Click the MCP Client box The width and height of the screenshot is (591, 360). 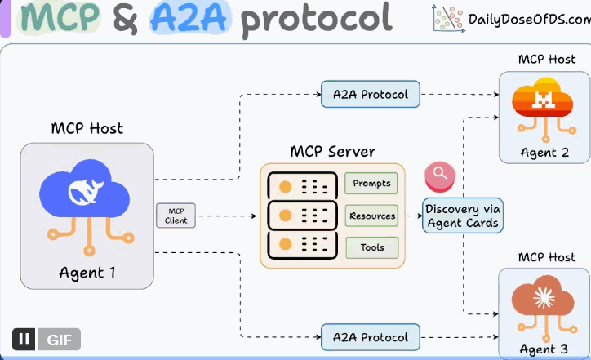tap(176, 216)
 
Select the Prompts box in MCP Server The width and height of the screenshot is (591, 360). tap(371, 184)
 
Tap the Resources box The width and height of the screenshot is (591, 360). tap(371, 216)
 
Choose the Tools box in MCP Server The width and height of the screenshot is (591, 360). tap(371, 247)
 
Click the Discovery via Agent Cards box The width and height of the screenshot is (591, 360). tap(462, 216)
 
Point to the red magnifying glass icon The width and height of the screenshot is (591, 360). tap(440, 174)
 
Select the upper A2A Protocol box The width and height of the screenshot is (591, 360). tap(371, 94)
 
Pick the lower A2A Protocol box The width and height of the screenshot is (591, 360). tap(371, 336)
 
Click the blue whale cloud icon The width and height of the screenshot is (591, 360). tap(86, 196)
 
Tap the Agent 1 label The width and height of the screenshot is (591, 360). tap(87, 273)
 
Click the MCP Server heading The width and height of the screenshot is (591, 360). tap(332, 152)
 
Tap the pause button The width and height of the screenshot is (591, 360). tap(23, 339)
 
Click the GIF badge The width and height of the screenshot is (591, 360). tap(58, 339)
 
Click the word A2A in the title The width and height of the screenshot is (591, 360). tap(189, 18)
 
